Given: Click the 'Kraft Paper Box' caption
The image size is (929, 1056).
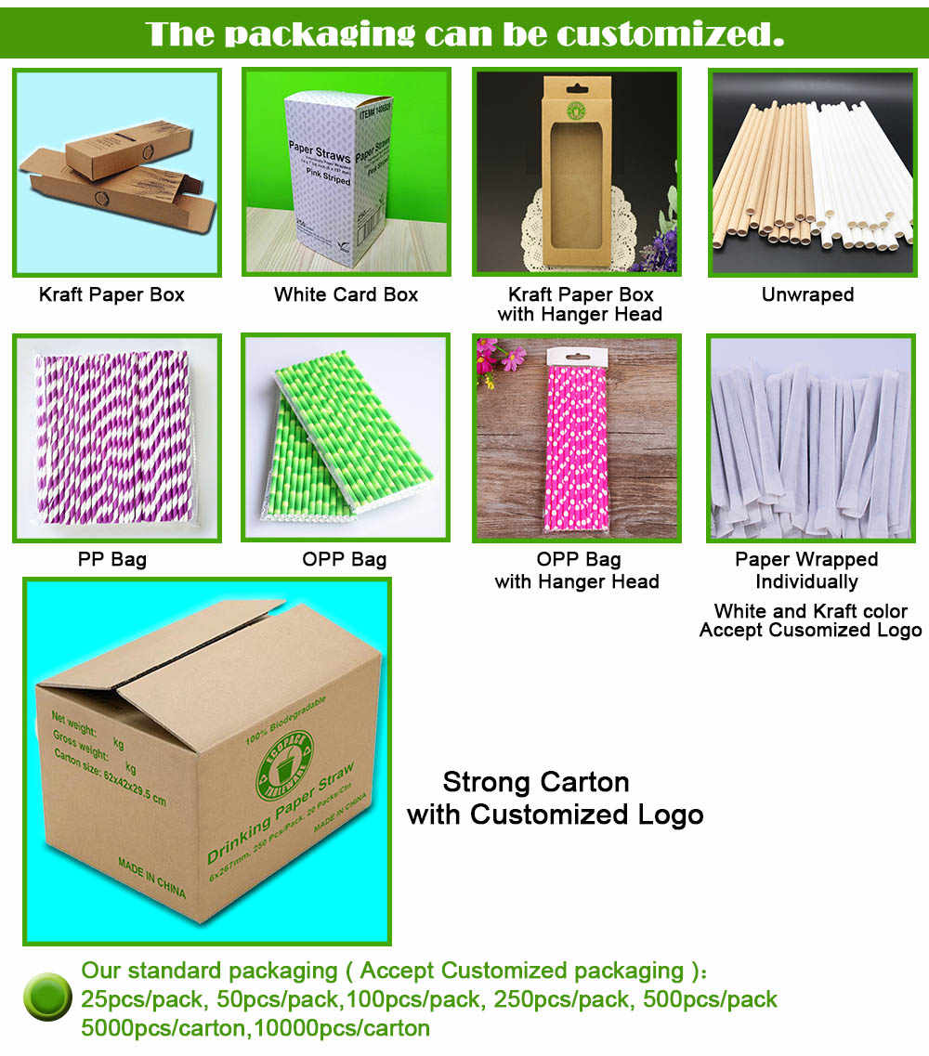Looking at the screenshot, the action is [x=111, y=295].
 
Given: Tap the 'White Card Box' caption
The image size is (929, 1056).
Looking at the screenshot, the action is [x=346, y=295].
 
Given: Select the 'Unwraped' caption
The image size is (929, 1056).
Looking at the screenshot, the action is [x=807, y=295].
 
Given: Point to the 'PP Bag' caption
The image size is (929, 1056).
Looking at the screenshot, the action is [x=111, y=560].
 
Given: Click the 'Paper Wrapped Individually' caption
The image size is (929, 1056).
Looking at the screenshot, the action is [x=806, y=570].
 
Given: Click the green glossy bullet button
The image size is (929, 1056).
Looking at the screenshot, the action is [x=47, y=997].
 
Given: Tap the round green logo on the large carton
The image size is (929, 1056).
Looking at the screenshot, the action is [x=283, y=763].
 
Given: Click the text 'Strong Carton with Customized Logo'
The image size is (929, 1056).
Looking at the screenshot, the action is [x=555, y=798].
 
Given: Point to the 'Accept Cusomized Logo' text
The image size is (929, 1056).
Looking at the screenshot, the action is [x=810, y=631].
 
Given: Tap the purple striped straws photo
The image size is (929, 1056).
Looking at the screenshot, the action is [x=116, y=437].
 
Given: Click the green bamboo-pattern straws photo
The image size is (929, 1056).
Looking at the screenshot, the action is [x=346, y=437].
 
